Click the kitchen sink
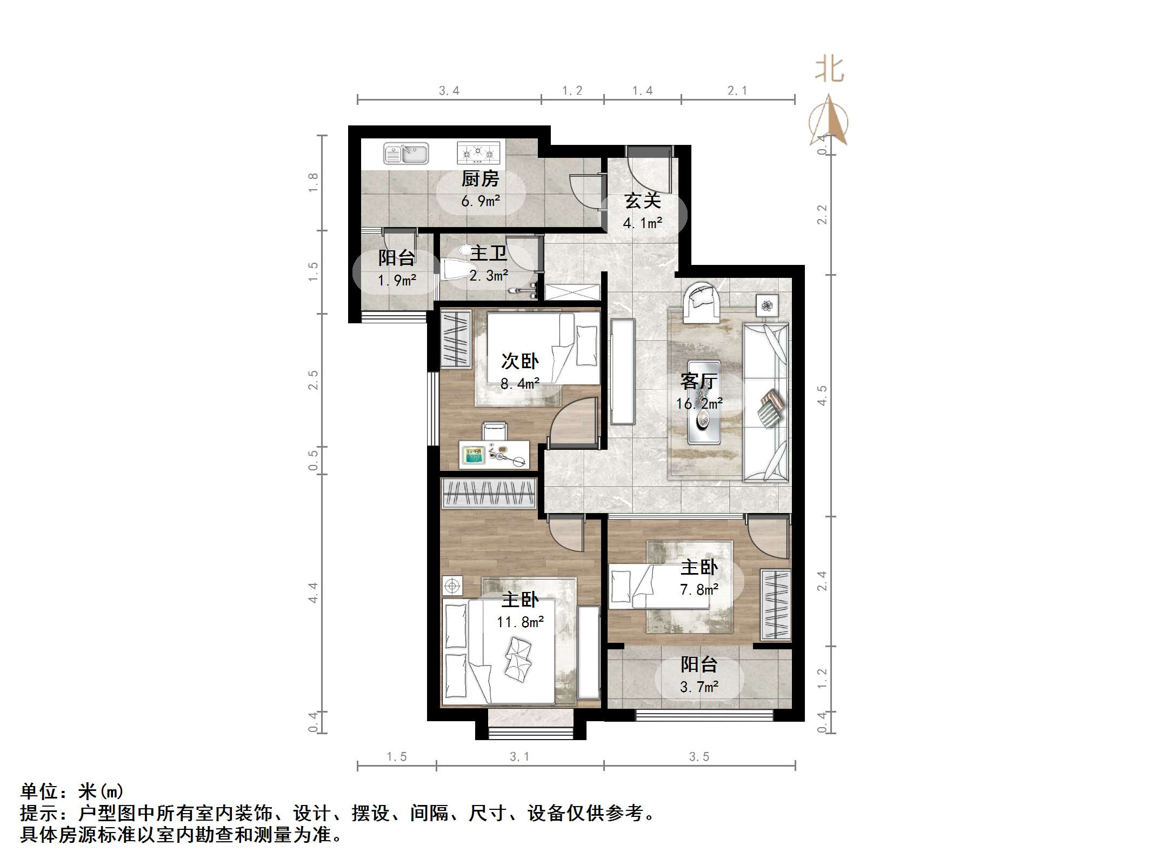(405, 154)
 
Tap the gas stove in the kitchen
(477, 152)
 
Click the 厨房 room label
(480, 179)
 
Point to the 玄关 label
(643, 201)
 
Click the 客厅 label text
(698, 382)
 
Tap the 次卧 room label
(519, 361)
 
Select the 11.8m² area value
(520, 622)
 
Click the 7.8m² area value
(699, 590)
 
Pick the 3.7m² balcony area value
(699, 687)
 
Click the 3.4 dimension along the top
(449, 91)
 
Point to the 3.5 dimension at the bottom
(699, 757)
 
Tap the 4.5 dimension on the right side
(822, 395)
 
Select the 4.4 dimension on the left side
(313, 593)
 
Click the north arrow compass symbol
(829, 122)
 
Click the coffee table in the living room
(703, 402)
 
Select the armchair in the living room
(702, 300)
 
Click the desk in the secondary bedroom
(494, 454)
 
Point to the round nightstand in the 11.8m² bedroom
(452, 585)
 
